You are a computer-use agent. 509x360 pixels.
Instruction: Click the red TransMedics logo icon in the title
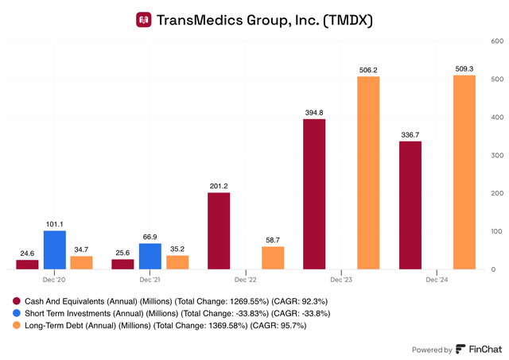click(x=143, y=18)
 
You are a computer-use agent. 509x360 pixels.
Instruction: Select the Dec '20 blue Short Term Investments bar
click(x=54, y=250)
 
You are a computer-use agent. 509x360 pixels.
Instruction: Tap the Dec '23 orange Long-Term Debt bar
click(x=367, y=173)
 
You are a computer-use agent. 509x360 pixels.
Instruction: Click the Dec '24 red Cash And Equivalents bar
click(x=410, y=205)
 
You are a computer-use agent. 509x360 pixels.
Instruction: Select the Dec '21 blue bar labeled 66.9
click(x=150, y=257)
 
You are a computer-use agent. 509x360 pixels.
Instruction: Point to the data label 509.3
click(x=464, y=68)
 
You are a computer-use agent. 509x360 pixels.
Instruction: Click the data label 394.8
click(x=315, y=112)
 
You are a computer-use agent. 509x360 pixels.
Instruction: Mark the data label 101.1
click(x=54, y=223)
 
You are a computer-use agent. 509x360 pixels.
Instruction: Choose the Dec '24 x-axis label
click(x=437, y=281)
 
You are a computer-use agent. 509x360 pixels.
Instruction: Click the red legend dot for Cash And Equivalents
click(x=17, y=301)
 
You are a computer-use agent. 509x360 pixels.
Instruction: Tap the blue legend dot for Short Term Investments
click(x=17, y=313)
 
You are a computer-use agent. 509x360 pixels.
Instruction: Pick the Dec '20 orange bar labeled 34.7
click(x=81, y=263)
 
